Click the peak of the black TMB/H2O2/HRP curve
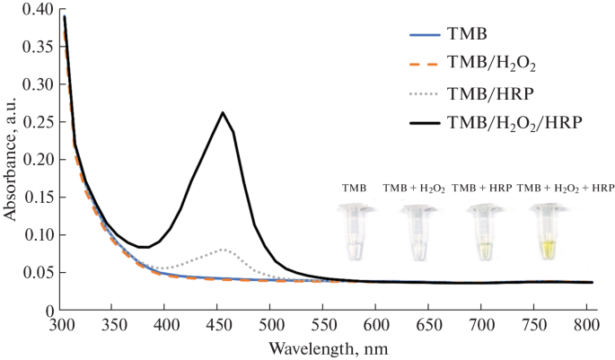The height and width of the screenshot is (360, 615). (x=223, y=112)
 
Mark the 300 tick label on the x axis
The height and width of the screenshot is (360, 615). (x=61, y=323)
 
